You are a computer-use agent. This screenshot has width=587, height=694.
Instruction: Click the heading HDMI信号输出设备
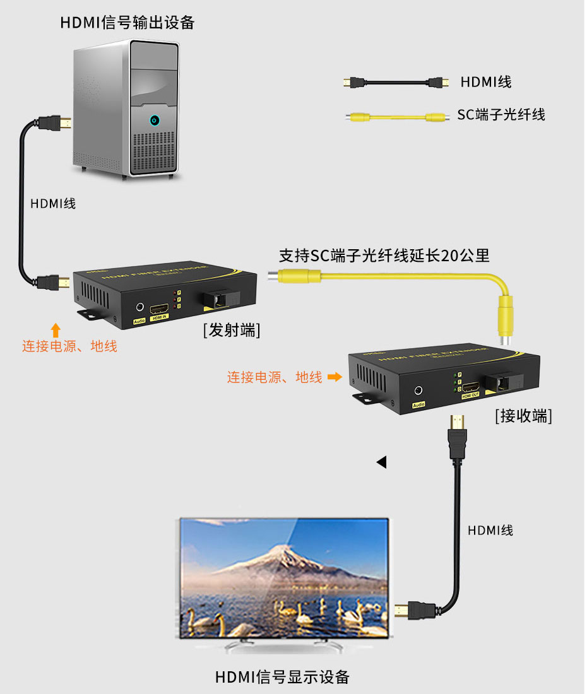(x=127, y=23)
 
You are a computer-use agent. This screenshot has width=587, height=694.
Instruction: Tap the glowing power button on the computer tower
(x=154, y=120)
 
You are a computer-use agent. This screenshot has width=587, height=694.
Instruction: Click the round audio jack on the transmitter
(x=139, y=307)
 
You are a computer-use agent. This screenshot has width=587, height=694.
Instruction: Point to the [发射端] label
(x=232, y=330)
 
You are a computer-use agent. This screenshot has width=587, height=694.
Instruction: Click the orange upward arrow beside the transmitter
(x=56, y=329)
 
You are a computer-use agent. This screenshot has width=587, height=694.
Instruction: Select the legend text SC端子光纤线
(x=501, y=115)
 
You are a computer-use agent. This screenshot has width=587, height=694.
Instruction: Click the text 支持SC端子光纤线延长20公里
(x=384, y=256)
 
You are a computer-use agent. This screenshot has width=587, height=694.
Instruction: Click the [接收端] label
(x=523, y=416)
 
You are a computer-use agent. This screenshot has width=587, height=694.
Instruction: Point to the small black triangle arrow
(x=381, y=462)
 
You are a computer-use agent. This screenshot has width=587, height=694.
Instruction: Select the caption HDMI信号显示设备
(x=282, y=677)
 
